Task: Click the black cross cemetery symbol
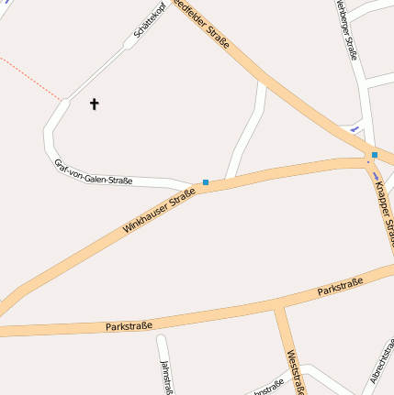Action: (x=94, y=104)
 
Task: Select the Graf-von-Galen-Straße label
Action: (x=94, y=172)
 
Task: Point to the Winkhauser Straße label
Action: (x=159, y=210)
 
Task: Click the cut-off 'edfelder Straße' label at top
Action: (x=202, y=25)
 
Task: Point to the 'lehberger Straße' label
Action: (x=347, y=32)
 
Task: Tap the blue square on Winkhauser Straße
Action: (x=206, y=182)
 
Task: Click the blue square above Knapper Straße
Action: (x=375, y=155)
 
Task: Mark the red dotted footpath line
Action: (x=32, y=79)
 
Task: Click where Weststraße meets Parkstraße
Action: (x=278, y=309)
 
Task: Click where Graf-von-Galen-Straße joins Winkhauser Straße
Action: (x=197, y=186)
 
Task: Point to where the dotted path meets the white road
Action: (x=63, y=100)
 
